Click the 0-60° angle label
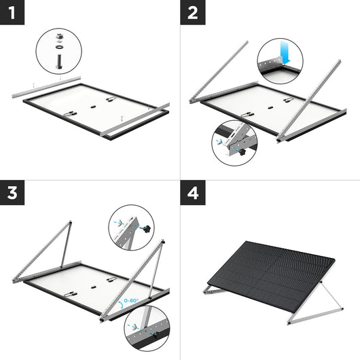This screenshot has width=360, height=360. [x=128, y=300]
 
